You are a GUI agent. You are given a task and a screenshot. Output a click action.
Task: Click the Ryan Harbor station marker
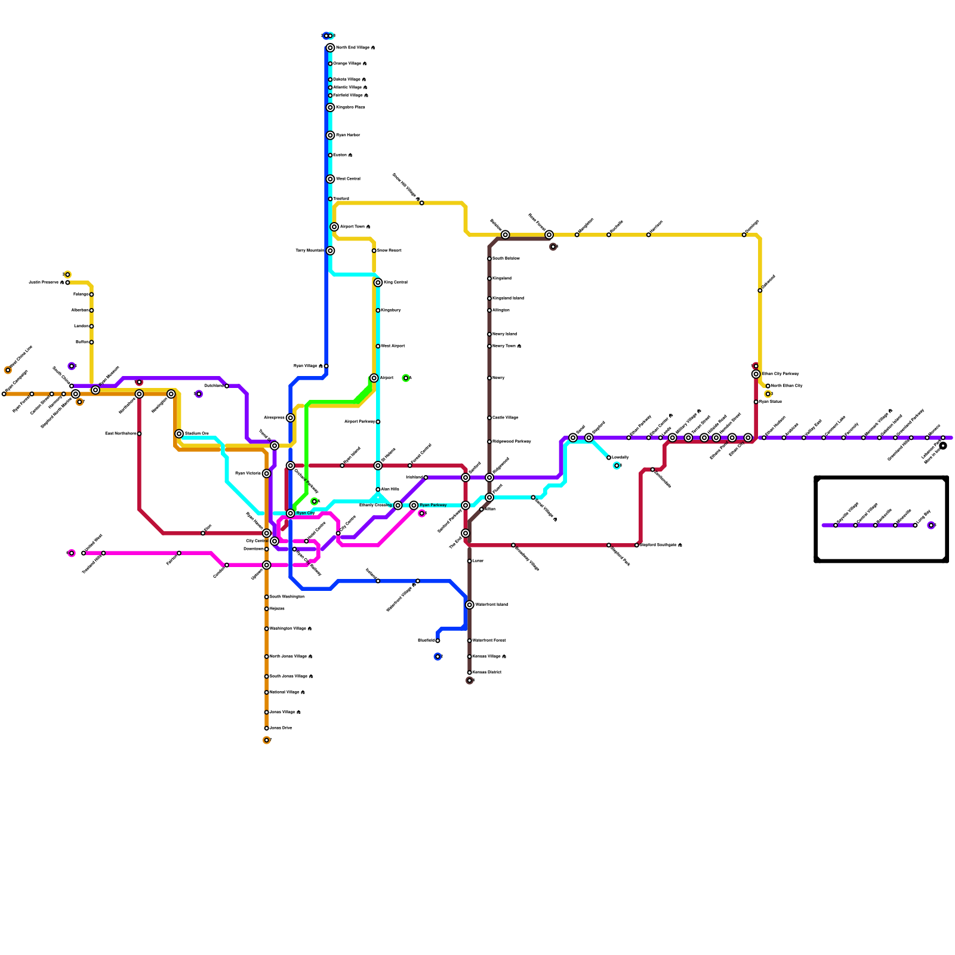[x=330, y=135]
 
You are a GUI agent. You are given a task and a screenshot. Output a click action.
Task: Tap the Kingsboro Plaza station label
[x=350, y=107]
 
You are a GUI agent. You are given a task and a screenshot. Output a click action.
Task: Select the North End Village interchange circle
[x=330, y=48]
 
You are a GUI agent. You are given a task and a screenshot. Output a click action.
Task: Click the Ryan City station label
[x=306, y=513]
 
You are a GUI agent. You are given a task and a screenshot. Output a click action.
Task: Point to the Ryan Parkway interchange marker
[x=414, y=506]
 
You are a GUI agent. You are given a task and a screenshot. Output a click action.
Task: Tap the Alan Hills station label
[x=390, y=489]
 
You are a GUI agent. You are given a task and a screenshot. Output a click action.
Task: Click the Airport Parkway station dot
[x=378, y=422]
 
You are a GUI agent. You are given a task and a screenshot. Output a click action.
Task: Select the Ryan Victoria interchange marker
[x=267, y=473]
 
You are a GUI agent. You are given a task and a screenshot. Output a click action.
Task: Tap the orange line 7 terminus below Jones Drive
[x=266, y=740]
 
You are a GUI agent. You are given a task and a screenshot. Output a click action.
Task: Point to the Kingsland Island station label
[x=508, y=298]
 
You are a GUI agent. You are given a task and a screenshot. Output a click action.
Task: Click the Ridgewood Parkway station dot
[x=489, y=442]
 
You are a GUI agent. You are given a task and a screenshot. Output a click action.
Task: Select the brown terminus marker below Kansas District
[x=470, y=680]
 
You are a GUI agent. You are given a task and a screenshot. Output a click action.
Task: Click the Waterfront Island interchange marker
[x=470, y=605]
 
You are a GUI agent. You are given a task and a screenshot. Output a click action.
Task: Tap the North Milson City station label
[x=787, y=386]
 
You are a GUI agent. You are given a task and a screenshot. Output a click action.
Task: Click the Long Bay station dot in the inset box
[x=915, y=525]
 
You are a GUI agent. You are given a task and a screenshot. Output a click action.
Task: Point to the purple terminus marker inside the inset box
[x=931, y=525]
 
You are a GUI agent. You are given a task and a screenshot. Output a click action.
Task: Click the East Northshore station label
[x=121, y=434]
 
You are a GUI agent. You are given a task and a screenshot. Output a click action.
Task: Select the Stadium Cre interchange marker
[x=179, y=434]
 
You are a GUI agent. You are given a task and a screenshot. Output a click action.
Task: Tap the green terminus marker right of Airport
[x=406, y=378]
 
